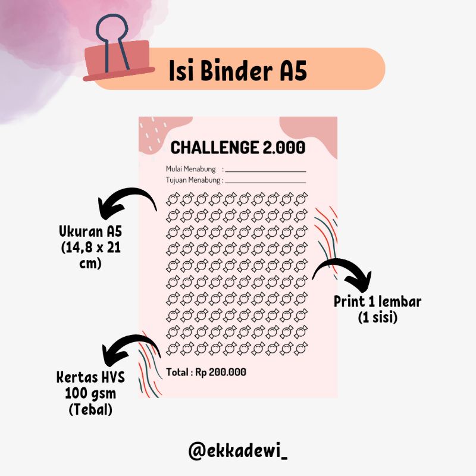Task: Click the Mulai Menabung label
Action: point(191,169)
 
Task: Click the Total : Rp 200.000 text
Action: point(206,372)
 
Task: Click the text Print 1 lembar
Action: point(377,302)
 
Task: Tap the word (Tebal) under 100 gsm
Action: point(89,410)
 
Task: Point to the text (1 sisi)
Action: point(377,318)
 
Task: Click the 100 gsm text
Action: point(89,394)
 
